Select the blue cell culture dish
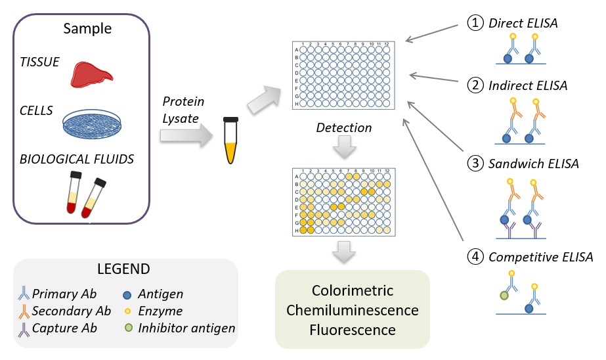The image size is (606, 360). (x=92, y=123)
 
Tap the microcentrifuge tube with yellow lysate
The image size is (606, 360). (x=230, y=141)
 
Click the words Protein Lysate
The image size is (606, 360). (x=183, y=110)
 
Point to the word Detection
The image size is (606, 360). (x=344, y=127)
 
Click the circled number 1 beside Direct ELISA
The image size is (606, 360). (x=475, y=24)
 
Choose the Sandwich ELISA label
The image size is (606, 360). (x=533, y=163)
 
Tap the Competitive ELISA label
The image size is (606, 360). (x=540, y=257)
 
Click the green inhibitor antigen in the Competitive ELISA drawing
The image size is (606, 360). (x=504, y=296)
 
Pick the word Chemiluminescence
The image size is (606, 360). (x=351, y=309)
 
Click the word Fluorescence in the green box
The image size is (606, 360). (x=351, y=328)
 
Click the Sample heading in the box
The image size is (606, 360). (x=87, y=29)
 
